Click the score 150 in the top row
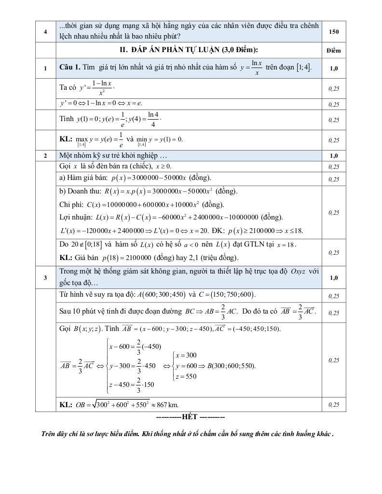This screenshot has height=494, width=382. (333, 32)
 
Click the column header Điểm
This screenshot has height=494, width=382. (333, 50)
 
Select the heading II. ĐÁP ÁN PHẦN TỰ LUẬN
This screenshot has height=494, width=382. (189, 50)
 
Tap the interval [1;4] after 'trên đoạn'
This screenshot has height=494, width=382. (303, 68)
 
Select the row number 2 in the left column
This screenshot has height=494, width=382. (45, 156)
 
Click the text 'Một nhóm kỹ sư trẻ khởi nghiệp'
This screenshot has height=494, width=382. (113, 156)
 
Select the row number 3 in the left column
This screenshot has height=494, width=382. (45, 278)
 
